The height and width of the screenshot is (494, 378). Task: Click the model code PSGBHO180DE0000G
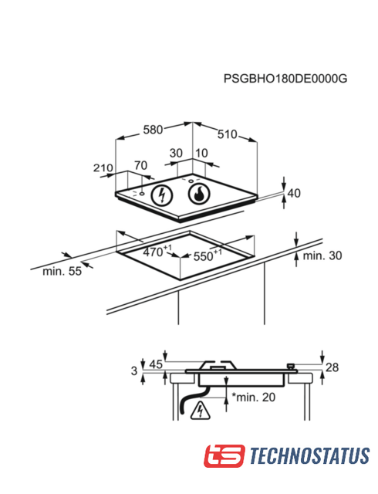tap(285, 79)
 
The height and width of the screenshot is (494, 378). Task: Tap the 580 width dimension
tap(153, 130)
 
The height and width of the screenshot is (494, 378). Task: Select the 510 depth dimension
tap(227, 134)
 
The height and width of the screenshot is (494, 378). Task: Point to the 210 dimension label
tap(103, 168)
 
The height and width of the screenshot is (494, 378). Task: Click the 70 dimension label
tap(140, 165)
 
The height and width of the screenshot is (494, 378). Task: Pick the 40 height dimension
tap(294, 193)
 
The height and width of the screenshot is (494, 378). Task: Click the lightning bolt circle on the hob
tap(162, 195)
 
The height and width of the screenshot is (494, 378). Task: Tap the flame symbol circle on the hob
tap(199, 193)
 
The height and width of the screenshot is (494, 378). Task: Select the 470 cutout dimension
tap(157, 251)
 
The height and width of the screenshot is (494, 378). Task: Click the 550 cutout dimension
tap(208, 255)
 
